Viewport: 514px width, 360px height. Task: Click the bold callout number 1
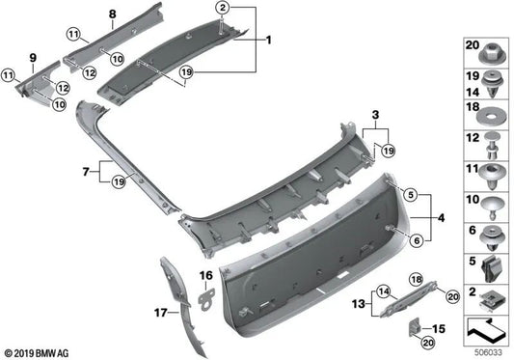point(270,42)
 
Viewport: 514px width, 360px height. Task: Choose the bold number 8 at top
point(111,14)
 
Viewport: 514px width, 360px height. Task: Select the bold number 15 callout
point(440,329)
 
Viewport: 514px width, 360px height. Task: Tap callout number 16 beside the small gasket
point(205,277)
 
